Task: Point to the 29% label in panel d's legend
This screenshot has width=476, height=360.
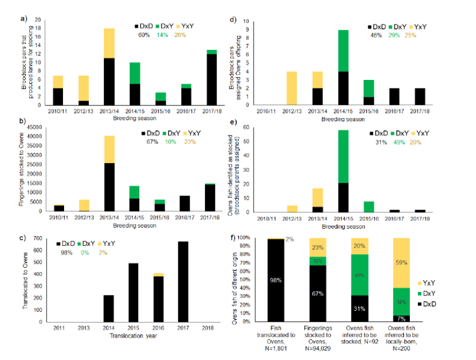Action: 397,34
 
